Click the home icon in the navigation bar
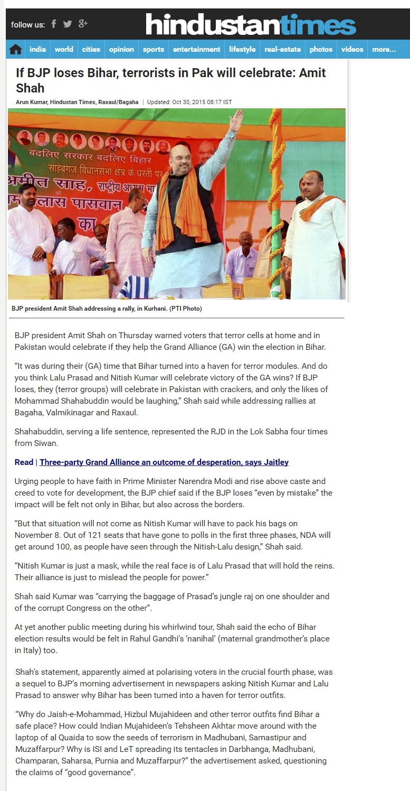pos(15,50)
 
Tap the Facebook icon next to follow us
pos(53,24)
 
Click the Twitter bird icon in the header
pos(68,24)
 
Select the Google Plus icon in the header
pos(83,24)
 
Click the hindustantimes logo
pos(251,25)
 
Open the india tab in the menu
pos(37,50)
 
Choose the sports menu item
pos(153,50)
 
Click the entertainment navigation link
pos(196,50)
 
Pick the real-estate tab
pos(282,50)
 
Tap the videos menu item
pos(352,50)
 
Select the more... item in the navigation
pos(384,50)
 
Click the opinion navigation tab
pos(121,50)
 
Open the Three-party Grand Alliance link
pos(164,462)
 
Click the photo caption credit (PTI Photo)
pos(185,309)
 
